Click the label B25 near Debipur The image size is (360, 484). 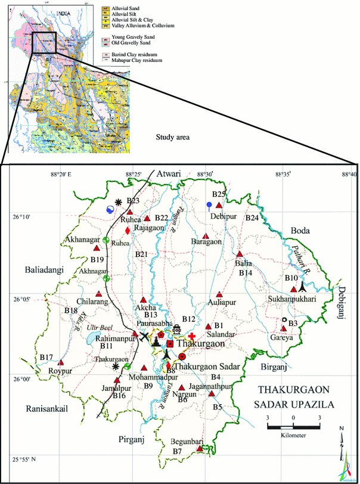pyautogui.click(x=219, y=194)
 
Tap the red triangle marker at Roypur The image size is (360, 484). pyautogui.click(x=61, y=362)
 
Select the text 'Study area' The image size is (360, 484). pyautogui.click(x=172, y=137)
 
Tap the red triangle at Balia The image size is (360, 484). pyautogui.click(x=239, y=255)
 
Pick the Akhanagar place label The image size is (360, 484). pyautogui.click(x=83, y=240)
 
